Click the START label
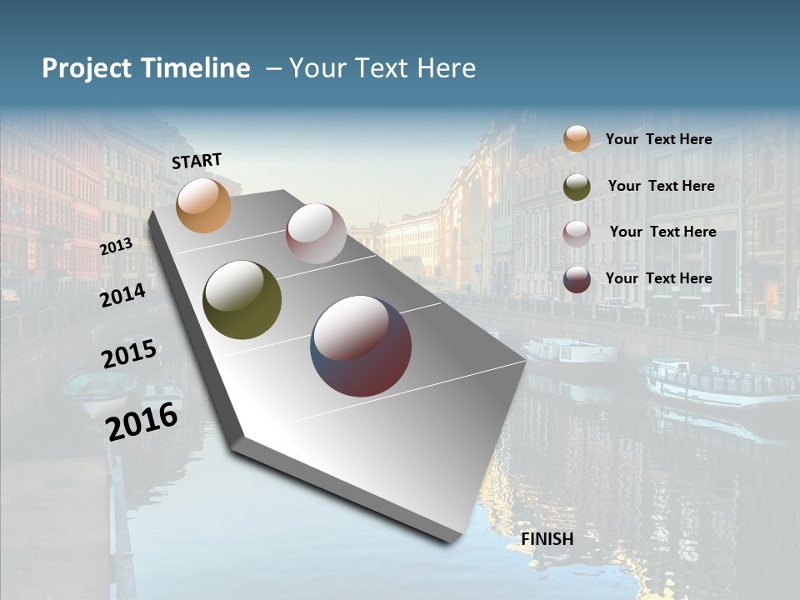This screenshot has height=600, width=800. tap(197, 160)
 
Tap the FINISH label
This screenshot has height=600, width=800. tap(547, 539)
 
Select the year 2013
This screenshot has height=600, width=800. tap(116, 247)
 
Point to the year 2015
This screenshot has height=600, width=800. tap(129, 354)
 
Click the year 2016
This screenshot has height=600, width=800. tap(142, 421)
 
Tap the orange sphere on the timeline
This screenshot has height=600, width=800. tap(203, 205)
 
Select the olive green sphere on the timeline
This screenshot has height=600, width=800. tap(242, 300)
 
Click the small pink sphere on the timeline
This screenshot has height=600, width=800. tap(316, 233)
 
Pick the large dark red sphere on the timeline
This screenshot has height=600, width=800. tap(361, 346)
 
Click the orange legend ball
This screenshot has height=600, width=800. tap(577, 138)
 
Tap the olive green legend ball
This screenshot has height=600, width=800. tap(577, 187)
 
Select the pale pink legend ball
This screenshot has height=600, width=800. tap(577, 233)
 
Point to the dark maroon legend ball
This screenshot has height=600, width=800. tap(577, 279)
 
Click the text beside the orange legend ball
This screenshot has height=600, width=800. tap(658, 139)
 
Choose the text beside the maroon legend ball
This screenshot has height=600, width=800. tap(658, 278)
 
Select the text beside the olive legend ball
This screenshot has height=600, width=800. tap(661, 186)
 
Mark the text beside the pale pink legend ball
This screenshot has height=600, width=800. tap(662, 232)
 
